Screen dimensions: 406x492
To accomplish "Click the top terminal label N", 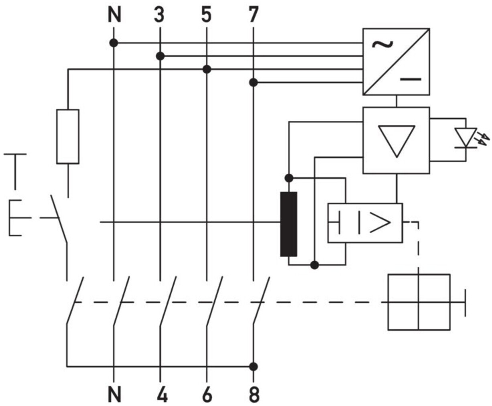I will [114, 15].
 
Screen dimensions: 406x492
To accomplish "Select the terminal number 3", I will [160, 15].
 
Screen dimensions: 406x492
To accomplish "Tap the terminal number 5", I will [206, 15].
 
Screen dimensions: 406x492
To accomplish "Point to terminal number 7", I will [253, 15].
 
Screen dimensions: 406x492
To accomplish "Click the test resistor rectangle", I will [68, 136].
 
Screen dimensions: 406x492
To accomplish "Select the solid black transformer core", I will [289, 224].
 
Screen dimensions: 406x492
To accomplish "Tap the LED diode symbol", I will [466, 138].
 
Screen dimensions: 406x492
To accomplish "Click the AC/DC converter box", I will [396, 61].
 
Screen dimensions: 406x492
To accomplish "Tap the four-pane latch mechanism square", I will [419, 302].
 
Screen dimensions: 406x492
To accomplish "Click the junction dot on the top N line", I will [114, 43].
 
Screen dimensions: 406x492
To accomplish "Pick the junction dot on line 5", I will [207, 69].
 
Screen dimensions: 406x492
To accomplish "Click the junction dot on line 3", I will [160, 56].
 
